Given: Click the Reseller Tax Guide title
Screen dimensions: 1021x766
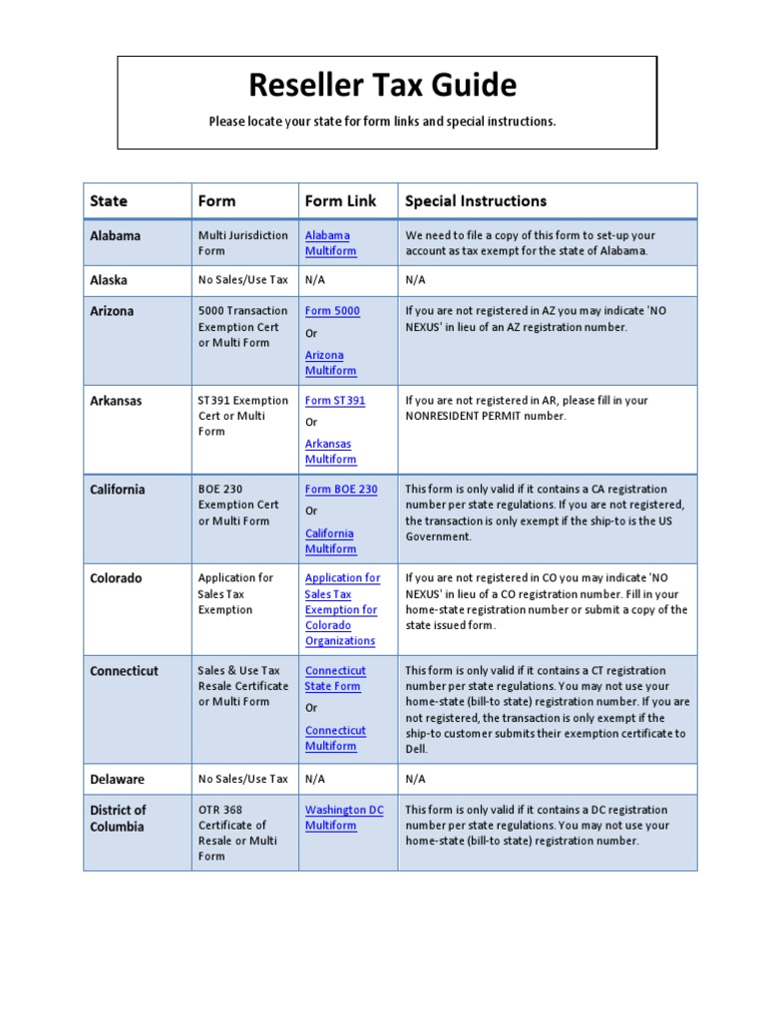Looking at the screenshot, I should tap(383, 86).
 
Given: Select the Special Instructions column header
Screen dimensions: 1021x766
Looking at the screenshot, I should tap(476, 200).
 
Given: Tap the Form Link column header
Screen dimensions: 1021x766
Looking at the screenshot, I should tap(340, 200).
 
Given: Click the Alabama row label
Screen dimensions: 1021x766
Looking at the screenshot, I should tap(116, 235).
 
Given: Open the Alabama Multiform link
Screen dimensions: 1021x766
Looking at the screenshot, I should tap(330, 243).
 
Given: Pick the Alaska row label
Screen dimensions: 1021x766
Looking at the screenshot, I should tap(109, 280).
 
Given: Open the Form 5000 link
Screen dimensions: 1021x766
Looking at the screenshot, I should tap(332, 311).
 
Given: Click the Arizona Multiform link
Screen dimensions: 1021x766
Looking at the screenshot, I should tap(330, 363).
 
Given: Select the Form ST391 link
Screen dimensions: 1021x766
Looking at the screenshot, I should tap(335, 401).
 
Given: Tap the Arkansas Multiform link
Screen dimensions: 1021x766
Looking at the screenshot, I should tap(330, 452).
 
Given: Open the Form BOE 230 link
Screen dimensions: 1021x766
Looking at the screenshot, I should tap(341, 490).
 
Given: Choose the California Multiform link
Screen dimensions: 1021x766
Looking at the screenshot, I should tap(330, 541).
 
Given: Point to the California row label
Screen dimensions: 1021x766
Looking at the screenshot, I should tap(118, 490).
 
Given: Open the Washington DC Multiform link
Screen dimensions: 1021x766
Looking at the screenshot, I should tap(343, 818).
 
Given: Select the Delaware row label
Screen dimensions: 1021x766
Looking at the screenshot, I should tap(117, 779).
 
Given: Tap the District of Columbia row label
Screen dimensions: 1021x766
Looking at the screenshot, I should tap(118, 818).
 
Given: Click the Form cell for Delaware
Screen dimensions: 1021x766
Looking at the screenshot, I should tap(243, 779).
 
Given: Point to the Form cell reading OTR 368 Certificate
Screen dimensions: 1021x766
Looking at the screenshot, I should tap(237, 833).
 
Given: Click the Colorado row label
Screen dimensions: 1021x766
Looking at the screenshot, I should tap(116, 578).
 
